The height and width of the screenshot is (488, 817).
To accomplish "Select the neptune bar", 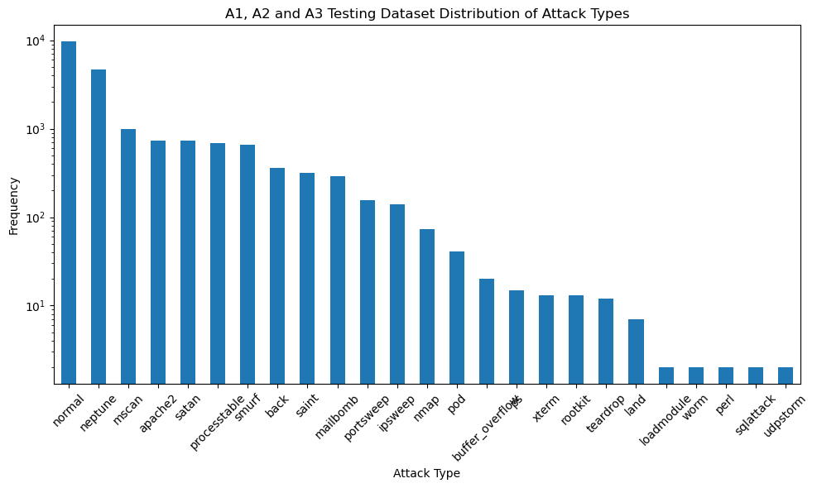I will (99, 227).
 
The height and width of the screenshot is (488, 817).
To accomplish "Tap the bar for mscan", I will (128, 256).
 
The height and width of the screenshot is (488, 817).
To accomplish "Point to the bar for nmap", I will (427, 306).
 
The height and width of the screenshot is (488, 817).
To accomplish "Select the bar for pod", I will (457, 318).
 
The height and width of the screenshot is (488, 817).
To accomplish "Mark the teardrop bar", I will (606, 341).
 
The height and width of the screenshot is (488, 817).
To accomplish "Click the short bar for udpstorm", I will (786, 376).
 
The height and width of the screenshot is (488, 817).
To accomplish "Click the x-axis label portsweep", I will (360, 418).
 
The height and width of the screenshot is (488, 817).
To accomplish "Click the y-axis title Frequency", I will (14, 205).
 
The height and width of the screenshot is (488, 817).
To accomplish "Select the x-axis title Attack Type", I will (426, 474).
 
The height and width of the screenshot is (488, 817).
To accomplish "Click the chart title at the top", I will (426, 13).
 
